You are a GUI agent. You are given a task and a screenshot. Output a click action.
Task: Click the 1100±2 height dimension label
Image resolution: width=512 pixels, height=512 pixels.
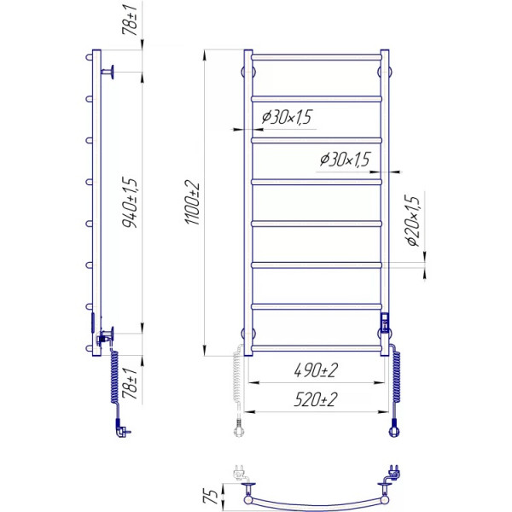pyautogui.click(x=193, y=202)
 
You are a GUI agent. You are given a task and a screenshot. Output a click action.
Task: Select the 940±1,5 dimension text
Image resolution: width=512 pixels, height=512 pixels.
pyautogui.click(x=130, y=202)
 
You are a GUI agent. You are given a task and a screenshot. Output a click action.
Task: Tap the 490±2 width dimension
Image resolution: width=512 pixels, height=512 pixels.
pyautogui.click(x=316, y=370)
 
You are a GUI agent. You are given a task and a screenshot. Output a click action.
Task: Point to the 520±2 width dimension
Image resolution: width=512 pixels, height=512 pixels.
pyautogui.click(x=316, y=399)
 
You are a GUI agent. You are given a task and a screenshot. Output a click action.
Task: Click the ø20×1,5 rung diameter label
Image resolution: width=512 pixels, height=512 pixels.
pyautogui.click(x=412, y=221)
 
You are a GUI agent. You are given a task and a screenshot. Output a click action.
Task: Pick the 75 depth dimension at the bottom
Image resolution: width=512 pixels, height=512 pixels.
pyautogui.click(x=212, y=497)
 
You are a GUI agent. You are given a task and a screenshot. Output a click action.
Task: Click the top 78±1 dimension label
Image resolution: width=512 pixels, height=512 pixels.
pyautogui.click(x=130, y=20)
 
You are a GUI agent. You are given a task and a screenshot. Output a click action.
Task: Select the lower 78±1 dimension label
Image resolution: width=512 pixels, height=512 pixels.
pyautogui.click(x=130, y=383)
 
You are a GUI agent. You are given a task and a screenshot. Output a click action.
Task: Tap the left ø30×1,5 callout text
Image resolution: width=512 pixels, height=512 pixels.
pyautogui.click(x=287, y=117)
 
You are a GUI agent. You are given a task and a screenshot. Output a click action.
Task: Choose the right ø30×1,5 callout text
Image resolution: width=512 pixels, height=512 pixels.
pyautogui.click(x=345, y=160)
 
